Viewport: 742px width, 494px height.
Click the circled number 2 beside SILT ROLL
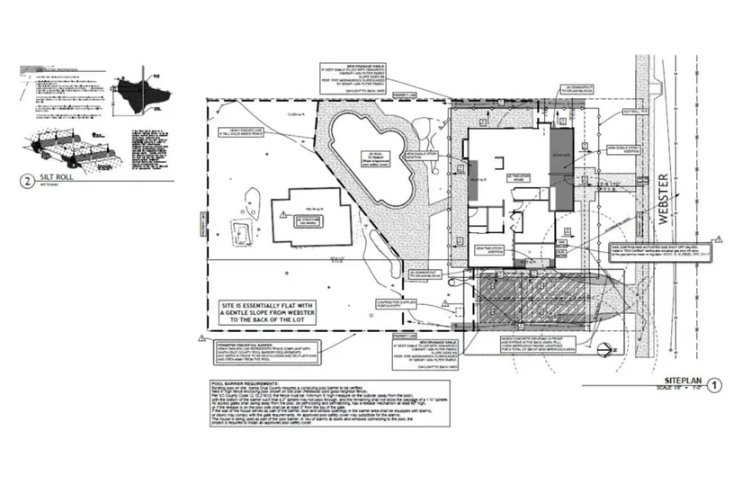click(30, 180)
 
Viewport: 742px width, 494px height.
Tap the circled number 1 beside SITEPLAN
click(715, 386)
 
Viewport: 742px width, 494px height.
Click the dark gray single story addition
click(561, 167)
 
